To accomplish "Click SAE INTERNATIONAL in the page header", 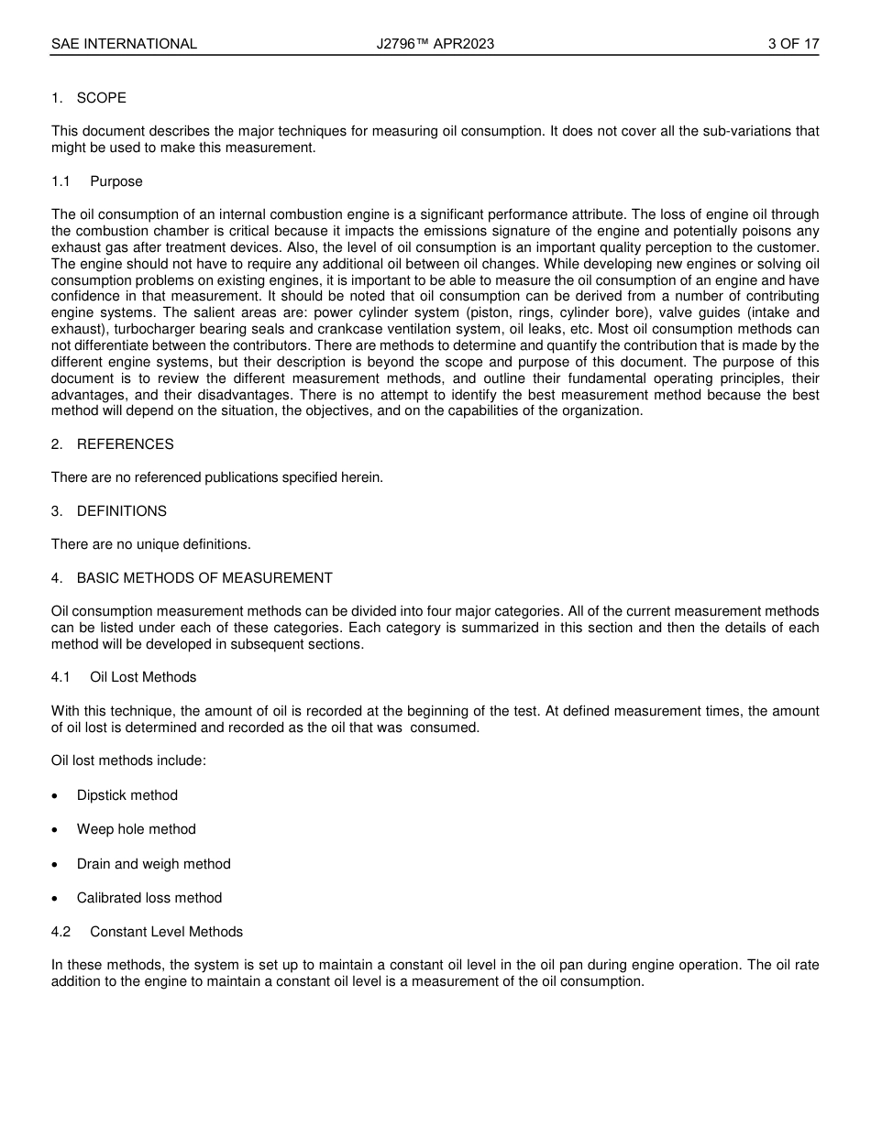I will click(x=124, y=44).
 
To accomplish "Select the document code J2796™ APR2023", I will click(x=435, y=44).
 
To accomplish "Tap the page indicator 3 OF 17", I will click(x=793, y=44).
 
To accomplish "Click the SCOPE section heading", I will click(x=101, y=98).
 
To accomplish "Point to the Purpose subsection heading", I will click(x=116, y=181).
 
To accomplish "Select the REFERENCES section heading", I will click(x=125, y=444).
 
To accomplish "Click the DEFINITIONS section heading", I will click(x=121, y=511).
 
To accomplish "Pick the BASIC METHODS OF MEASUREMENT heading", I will click(x=204, y=578).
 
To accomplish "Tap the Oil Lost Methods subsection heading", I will click(x=143, y=677).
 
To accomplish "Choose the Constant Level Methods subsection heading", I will click(x=166, y=932).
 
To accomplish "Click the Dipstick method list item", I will click(x=127, y=795).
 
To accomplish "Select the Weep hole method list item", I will click(x=137, y=829).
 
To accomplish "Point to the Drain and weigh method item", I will click(x=154, y=864).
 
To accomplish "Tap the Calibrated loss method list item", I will click(x=149, y=898).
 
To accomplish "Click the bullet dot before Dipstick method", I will click(x=57, y=796).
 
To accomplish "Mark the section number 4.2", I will click(x=61, y=932).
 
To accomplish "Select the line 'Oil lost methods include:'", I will click(x=128, y=760).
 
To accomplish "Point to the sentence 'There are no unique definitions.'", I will click(x=150, y=544).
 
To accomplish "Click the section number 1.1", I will click(x=61, y=181).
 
